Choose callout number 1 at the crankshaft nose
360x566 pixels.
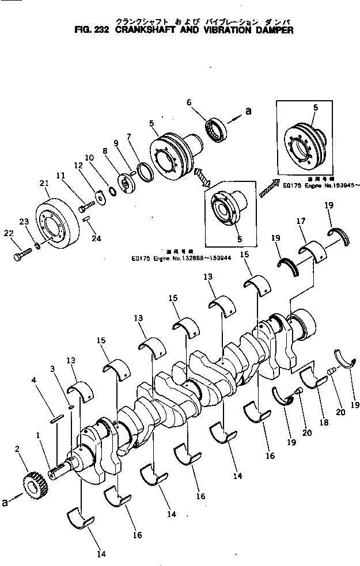coord(38,436)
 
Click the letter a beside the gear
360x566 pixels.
coord(5,503)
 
